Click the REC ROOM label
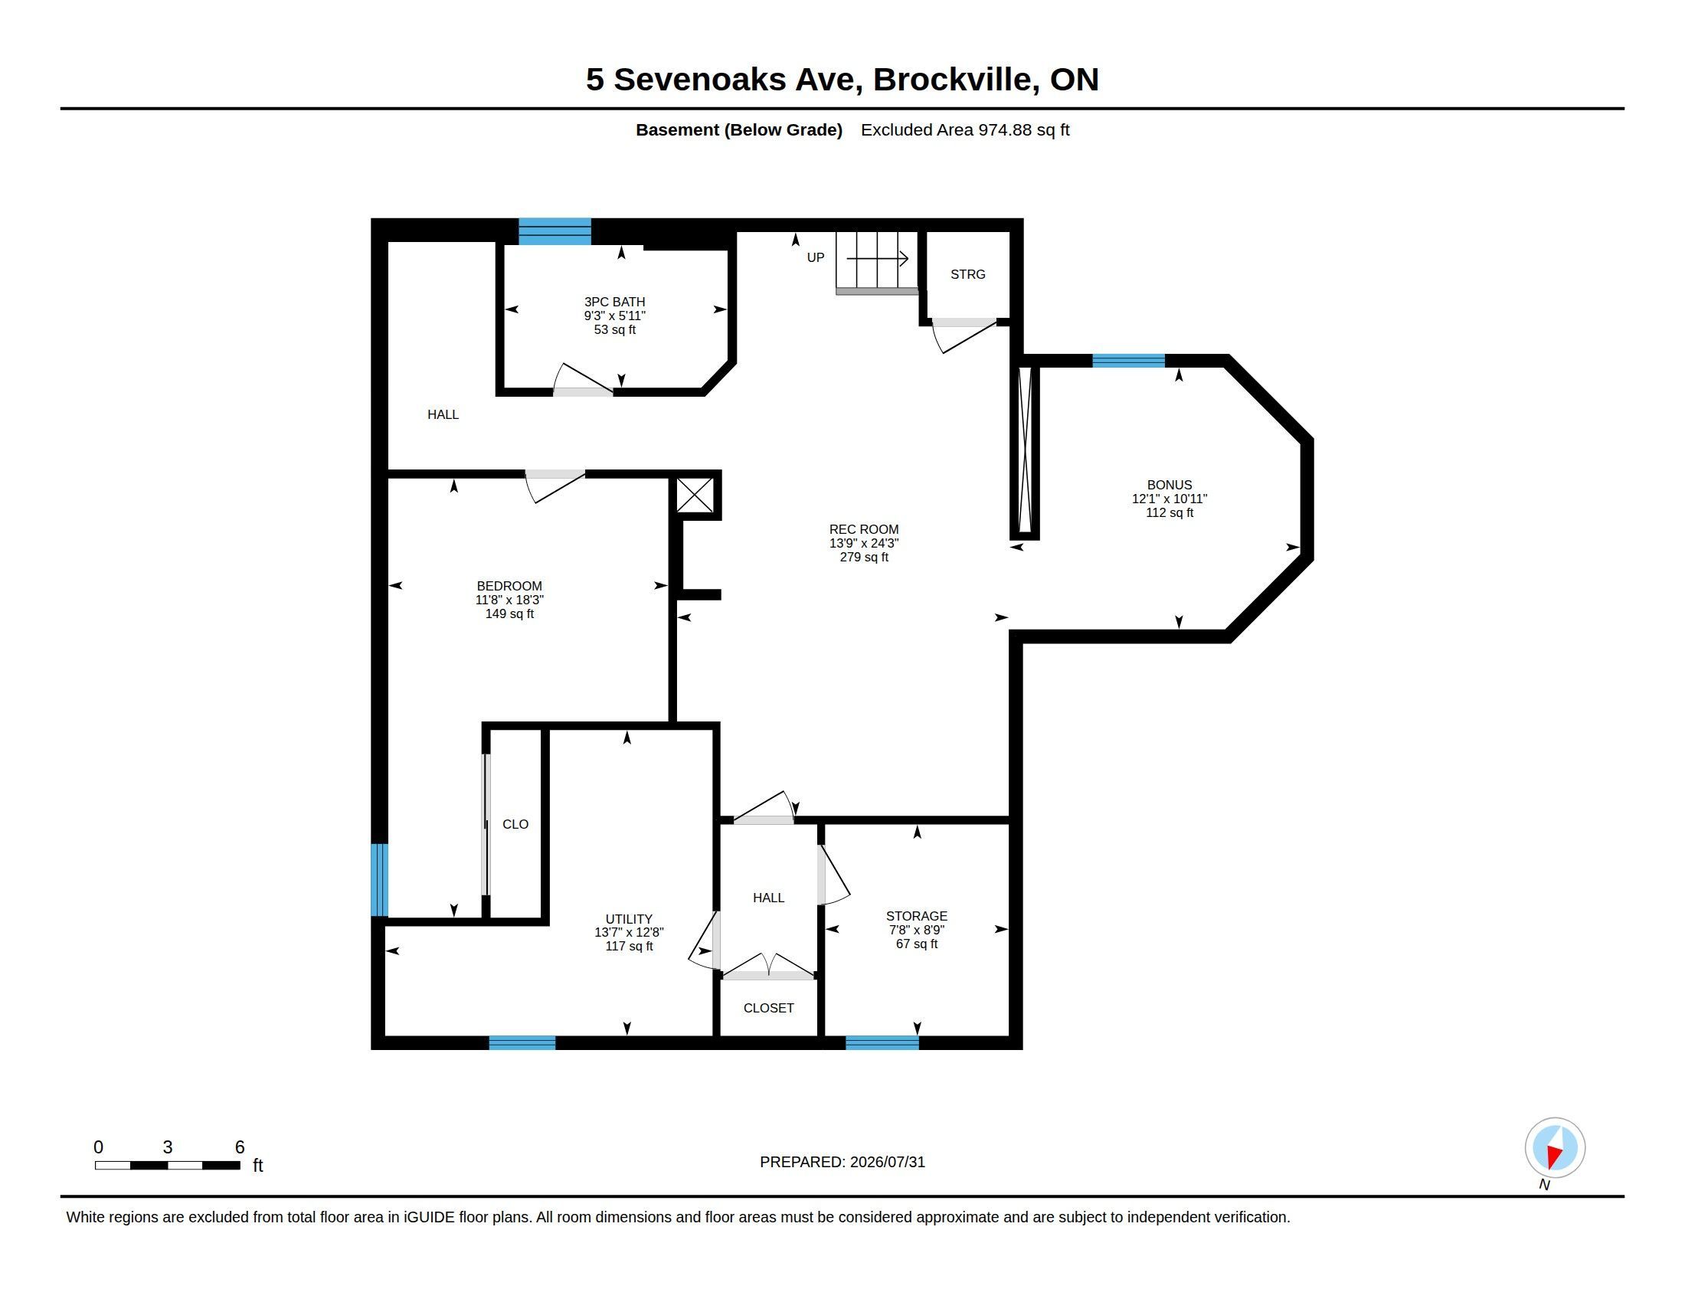click(863, 529)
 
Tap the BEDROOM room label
click(509, 586)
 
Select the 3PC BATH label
click(614, 303)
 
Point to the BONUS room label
click(1169, 485)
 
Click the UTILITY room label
click(629, 918)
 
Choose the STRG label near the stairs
click(967, 275)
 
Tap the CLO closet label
click(515, 825)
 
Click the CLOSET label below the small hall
click(768, 1008)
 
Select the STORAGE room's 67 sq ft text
click(917, 944)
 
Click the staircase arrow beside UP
click(877, 258)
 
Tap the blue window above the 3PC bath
click(555, 231)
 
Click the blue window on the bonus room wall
click(1129, 360)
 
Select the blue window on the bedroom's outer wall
click(379, 880)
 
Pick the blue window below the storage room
click(882, 1043)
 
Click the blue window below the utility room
click(522, 1043)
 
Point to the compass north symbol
click(1555, 1148)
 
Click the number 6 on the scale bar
click(240, 1147)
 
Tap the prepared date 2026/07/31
click(887, 1162)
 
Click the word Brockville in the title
click(955, 80)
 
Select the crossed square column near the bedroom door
click(695, 496)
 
